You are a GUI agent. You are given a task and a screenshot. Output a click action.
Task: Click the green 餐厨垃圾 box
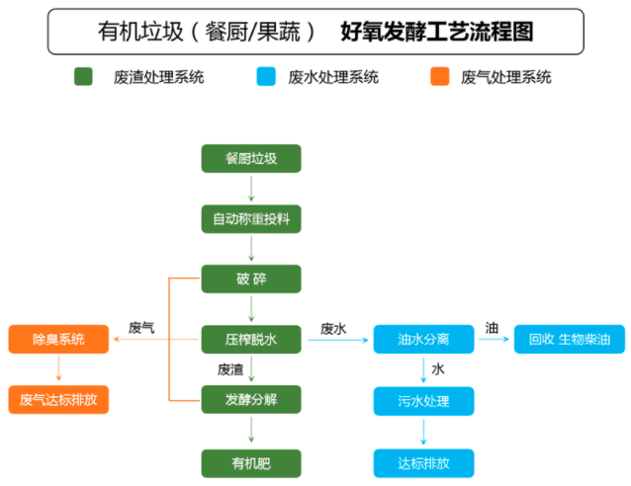point(250,157)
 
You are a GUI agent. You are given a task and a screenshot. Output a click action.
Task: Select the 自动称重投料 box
point(250,217)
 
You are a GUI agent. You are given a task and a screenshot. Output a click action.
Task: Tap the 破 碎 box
point(250,279)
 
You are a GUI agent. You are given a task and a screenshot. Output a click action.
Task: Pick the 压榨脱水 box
point(250,339)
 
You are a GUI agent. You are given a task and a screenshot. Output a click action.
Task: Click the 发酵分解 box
point(250,400)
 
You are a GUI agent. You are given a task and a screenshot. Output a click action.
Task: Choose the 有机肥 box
point(250,461)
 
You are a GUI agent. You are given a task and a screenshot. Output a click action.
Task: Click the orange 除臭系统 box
point(58,339)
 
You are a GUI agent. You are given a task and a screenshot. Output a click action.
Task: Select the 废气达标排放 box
point(58,400)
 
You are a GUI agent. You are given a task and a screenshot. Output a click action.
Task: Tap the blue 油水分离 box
point(423,339)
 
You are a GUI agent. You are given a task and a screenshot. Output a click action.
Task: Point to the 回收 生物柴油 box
point(570,339)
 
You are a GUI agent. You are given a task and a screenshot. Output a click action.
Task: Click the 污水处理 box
point(423,400)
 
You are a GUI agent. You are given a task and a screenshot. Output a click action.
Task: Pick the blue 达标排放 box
point(423,461)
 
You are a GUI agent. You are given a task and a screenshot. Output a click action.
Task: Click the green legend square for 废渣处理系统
point(83,76)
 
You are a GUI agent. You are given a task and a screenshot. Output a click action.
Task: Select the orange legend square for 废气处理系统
point(440,76)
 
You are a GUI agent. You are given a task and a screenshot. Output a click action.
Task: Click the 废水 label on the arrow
point(333,328)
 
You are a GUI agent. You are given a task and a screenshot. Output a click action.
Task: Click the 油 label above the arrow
point(492,327)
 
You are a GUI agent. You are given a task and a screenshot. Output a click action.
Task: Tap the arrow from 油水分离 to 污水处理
point(423,369)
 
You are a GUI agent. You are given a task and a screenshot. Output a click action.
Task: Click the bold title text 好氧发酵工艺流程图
point(436,32)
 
